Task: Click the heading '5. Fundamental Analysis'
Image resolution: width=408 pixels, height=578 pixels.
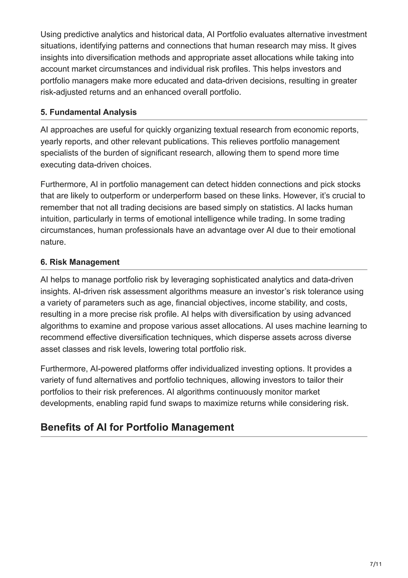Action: tap(88, 112)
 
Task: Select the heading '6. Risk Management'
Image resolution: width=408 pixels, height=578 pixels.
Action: tap(80, 262)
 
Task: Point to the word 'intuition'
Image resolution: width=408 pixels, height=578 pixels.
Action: tap(56, 219)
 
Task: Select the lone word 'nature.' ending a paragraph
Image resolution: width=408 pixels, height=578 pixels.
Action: tap(53, 242)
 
